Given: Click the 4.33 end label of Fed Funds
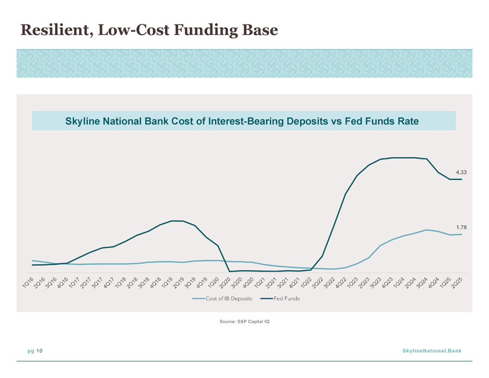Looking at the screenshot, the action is click(461, 172).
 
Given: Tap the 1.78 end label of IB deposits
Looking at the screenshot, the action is click(462, 227).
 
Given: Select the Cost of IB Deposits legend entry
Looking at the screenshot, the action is click(222, 299).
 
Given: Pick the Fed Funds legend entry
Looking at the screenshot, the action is click(280, 299).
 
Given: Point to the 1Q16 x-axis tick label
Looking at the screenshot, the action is click(28, 282).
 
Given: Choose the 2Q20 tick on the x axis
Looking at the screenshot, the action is click(225, 282).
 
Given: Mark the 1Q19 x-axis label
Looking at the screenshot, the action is click(167, 282).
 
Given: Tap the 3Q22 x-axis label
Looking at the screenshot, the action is click(329, 282).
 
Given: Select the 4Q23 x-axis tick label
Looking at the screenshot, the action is click(387, 282).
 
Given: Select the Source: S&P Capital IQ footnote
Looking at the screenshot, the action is click(245, 321).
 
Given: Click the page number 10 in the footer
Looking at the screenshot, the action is click(39, 351).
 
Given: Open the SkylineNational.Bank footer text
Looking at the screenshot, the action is click(432, 351).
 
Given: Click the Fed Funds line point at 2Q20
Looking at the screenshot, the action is click(230, 271).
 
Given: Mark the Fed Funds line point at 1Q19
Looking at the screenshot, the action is click(171, 221).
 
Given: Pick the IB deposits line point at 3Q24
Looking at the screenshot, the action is click(426, 230).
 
